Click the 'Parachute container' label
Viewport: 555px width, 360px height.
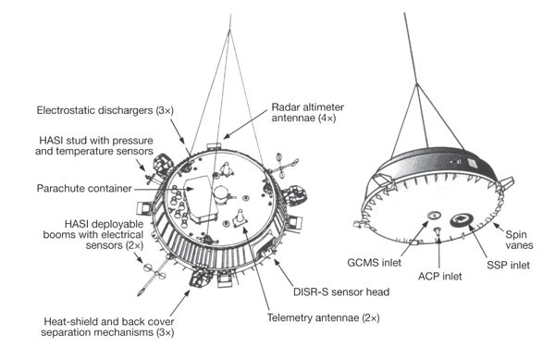tap(84, 188)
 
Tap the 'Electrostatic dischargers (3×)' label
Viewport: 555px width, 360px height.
tap(105, 110)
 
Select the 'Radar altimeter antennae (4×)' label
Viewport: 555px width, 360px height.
tap(307, 113)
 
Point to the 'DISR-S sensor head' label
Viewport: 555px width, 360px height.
tap(341, 292)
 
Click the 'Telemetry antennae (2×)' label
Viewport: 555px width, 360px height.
tap(323, 317)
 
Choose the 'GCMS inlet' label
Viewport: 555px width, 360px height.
tap(374, 263)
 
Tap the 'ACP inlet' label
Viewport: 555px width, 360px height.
tap(439, 276)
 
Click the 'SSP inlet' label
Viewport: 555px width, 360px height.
tap(508, 265)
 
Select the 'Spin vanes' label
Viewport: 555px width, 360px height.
tap(519, 240)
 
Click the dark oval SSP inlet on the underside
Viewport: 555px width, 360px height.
tap(461, 219)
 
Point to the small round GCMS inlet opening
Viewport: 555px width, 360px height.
tap(434, 215)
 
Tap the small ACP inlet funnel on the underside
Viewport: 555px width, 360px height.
tap(438, 230)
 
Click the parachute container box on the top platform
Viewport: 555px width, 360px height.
tap(200, 200)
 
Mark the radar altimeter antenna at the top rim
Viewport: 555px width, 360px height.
tap(214, 146)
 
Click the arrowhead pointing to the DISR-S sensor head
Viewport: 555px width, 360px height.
tap(276, 262)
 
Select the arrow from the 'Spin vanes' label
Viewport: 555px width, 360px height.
tap(499, 227)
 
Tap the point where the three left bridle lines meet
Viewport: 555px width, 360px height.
tap(229, 31)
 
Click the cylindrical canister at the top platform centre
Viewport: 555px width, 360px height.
tap(221, 195)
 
